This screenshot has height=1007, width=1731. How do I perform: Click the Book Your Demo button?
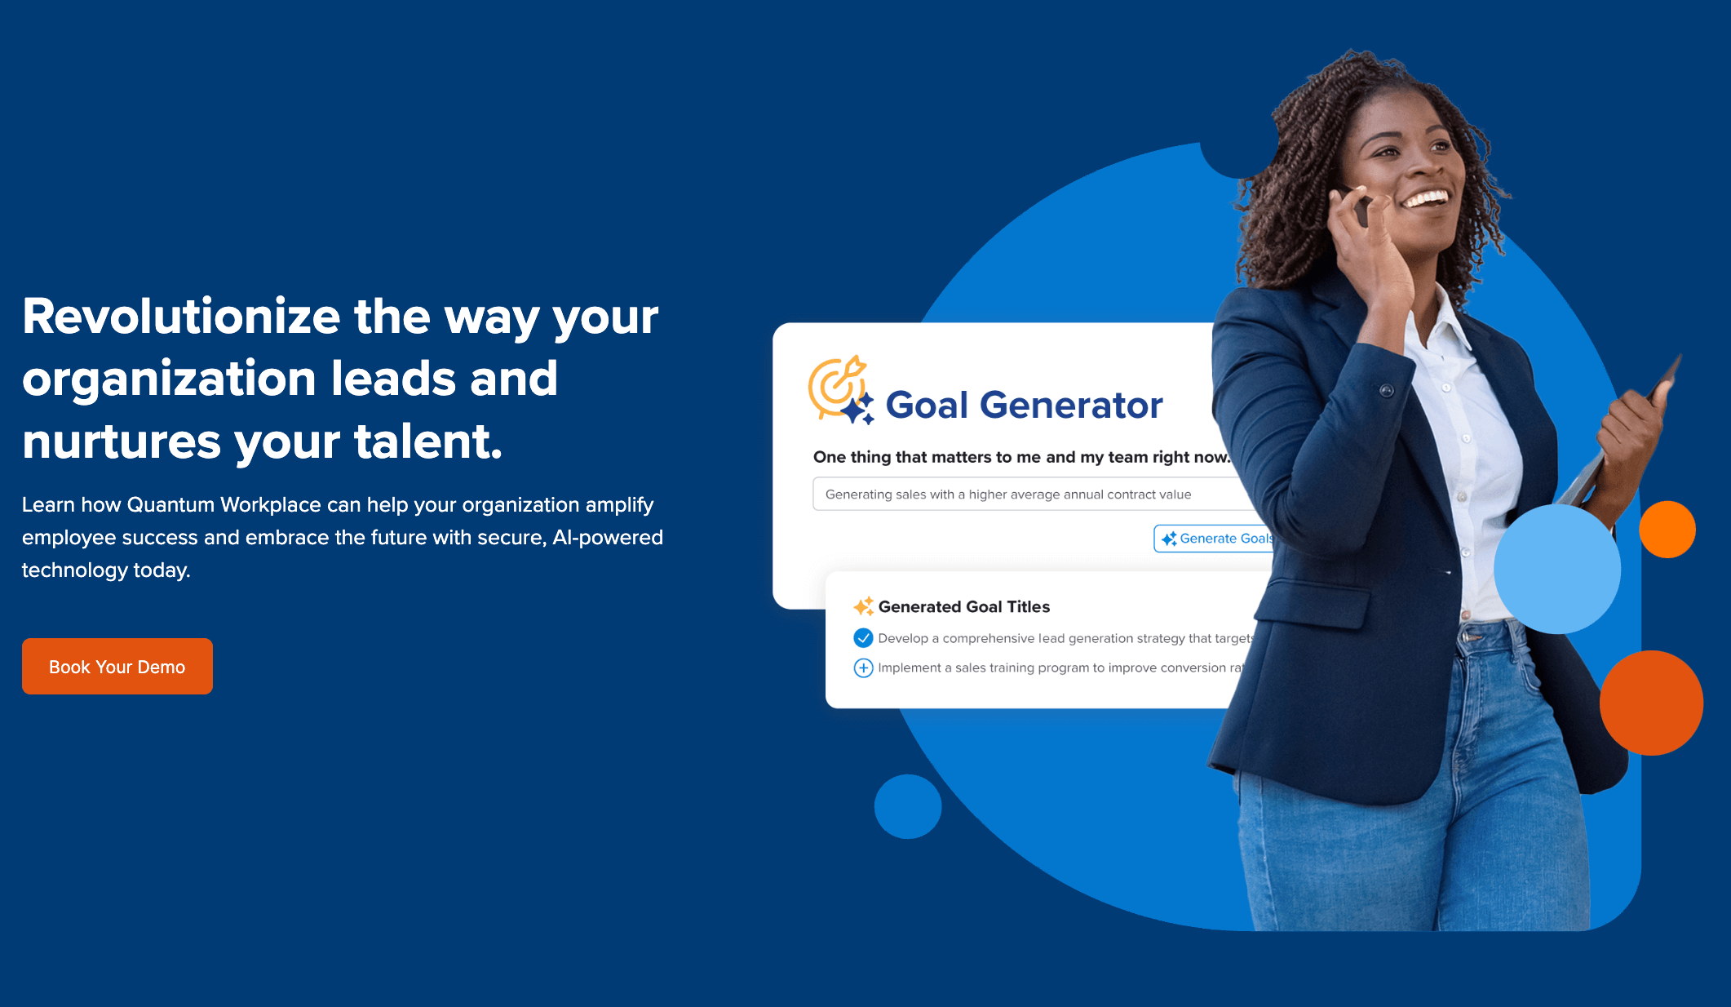[x=117, y=667]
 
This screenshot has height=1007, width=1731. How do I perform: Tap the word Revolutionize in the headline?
[x=181, y=317]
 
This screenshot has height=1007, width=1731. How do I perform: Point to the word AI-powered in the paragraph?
[x=608, y=538]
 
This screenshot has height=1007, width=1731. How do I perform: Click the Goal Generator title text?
[x=1024, y=406]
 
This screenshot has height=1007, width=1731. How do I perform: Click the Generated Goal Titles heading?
[x=963, y=607]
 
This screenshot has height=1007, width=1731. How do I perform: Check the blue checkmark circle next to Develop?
[x=863, y=638]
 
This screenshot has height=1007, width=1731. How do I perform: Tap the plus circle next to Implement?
[x=863, y=668]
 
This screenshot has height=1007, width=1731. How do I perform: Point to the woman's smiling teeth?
[x=1427, y=199]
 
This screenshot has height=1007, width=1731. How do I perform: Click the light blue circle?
[x=1556, y=569]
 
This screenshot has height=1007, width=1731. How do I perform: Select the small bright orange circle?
[x=1667, y=530]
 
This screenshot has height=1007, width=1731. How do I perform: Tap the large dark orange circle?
[x=1651, y=703]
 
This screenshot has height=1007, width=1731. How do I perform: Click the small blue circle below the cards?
[x=908, y=806]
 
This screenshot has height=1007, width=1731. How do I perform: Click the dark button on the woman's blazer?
[x=1386, y=391]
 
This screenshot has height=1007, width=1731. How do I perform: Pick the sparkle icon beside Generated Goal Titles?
[x=863, y=606]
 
